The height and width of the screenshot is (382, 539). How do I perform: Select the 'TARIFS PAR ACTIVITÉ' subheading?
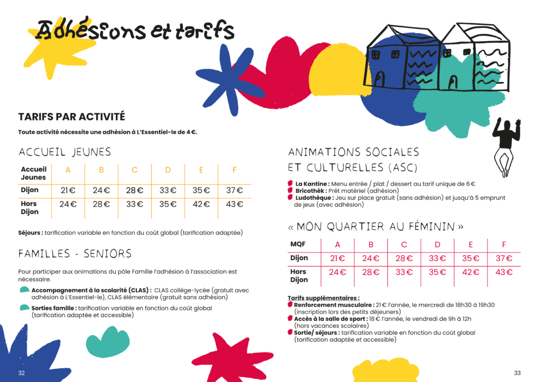tap(72, 117)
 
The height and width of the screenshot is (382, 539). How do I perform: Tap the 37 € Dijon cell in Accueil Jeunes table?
tap(234, 190)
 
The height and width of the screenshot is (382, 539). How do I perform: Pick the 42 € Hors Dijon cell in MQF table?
tap(471, 272)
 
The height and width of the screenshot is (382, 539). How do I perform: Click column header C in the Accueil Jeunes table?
tap(135, 169)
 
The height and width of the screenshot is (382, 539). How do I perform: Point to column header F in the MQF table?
tap(504, 244)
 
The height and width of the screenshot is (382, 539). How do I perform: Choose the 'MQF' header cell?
tap(298, 244)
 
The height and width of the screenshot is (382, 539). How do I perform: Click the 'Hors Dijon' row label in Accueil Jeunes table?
tap(30, 208)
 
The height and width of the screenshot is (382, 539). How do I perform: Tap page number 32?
tap(22, 373)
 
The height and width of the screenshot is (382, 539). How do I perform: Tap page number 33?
tap(517, 373)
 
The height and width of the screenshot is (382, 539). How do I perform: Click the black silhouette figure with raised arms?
tap(506, 145)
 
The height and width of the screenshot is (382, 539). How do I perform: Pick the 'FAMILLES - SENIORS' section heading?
tap(75, 254)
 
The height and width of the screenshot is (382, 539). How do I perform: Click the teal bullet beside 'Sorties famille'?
tap(24, 308)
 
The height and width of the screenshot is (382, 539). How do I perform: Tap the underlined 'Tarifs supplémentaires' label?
tap(323, 298)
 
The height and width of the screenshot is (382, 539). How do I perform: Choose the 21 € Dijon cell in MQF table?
tap(337, 258)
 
